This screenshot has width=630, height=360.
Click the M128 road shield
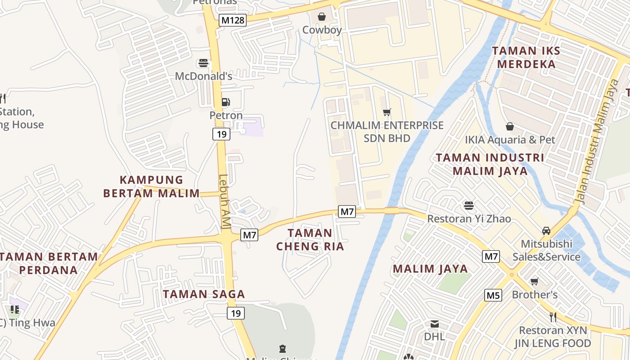click(233, 20)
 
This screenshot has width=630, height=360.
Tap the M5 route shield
click(493, 295)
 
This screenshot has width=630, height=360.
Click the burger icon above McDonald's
click(203, 63)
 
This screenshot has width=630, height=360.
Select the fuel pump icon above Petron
click(226, 103)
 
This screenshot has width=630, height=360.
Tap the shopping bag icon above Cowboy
click(322, 17)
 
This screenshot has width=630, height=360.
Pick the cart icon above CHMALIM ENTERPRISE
click(387, 112)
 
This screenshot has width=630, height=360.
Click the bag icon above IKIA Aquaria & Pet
click(510, 127)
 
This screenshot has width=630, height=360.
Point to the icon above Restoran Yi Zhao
click(469, 206)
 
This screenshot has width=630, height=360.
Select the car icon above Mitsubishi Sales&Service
click(546, 231)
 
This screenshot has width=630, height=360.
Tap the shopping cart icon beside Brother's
click(535, 282)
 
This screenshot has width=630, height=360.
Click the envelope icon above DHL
click(434, 324)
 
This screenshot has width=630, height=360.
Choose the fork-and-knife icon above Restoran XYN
click(553, 317)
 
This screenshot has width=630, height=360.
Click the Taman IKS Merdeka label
click(526, 57)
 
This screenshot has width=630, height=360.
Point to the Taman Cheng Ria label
click(310, 239)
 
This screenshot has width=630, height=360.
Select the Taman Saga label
click(204, 294)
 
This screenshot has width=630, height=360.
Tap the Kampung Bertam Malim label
click(151, 187)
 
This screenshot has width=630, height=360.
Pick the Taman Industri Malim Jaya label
click(490, 164)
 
